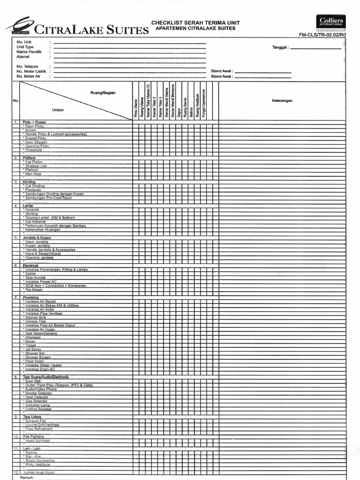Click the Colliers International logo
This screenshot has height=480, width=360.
[331, 22]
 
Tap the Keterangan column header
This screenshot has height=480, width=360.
[282, 101]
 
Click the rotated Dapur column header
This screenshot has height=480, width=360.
[179, 113]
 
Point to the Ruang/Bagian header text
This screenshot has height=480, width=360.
[103, 93]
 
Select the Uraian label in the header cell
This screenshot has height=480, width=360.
[58, 110]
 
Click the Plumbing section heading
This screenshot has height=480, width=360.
[30, 297]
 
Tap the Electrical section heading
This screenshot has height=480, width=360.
[31, 265]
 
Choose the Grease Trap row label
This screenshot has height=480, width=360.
[36, 321]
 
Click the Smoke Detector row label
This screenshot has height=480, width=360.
[39, 393]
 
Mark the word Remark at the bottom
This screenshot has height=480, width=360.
[27, 478]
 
